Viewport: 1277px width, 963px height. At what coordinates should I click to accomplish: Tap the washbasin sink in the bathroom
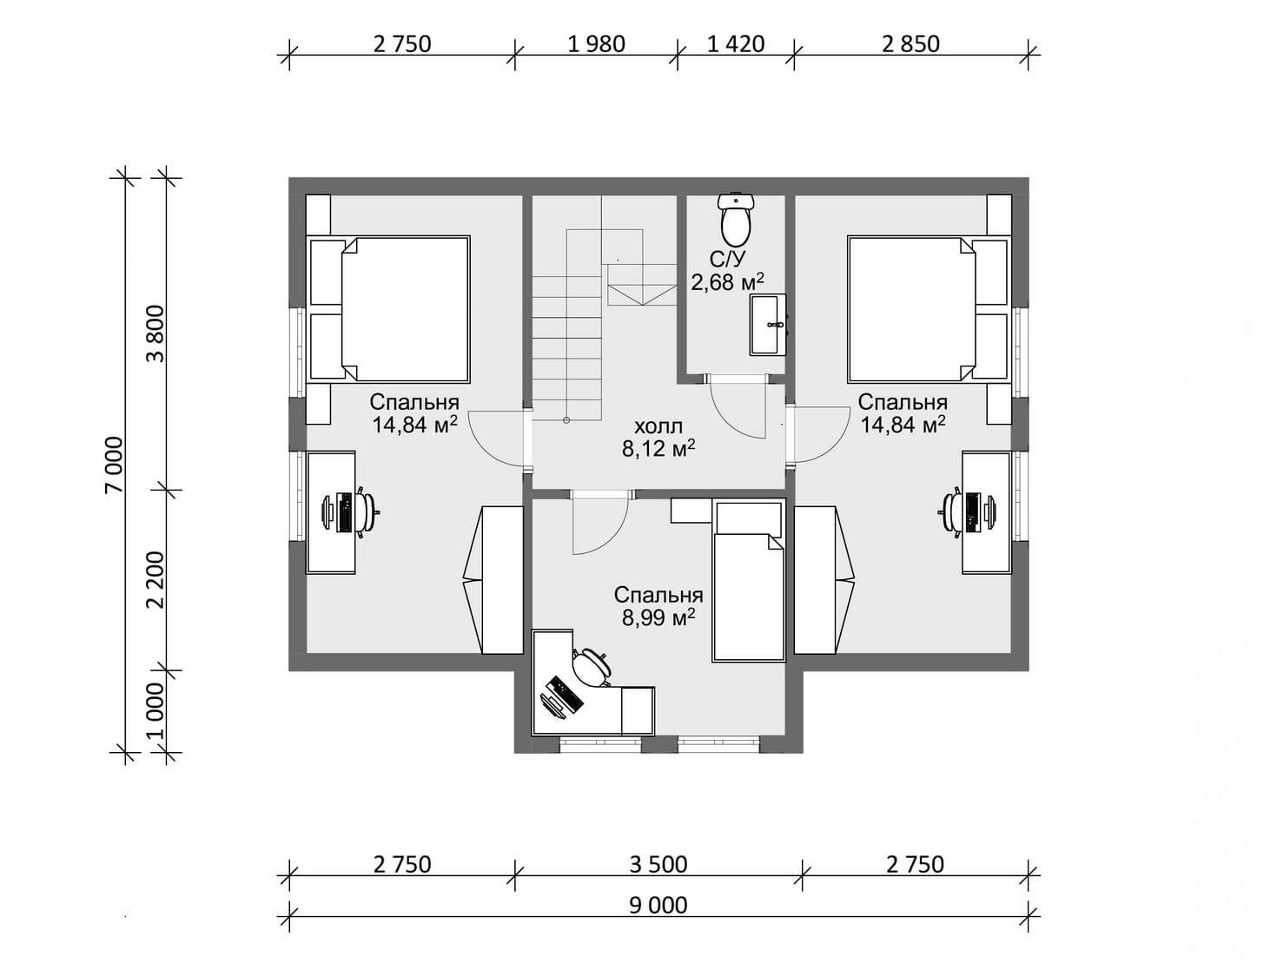[x=768, y=325]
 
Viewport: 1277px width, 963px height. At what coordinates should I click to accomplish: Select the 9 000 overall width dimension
[x=658, y=905]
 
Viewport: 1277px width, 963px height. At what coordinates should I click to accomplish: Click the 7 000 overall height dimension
[x=115, y=465]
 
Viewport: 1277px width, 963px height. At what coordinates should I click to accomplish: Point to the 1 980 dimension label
[x=596, y=44]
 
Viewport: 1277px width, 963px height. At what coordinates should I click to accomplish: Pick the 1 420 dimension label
[x=736, y=44]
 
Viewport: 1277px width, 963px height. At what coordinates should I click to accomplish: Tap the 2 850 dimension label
[x=910, y=44]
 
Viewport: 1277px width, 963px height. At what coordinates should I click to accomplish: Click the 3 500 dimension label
[x=658, y=865]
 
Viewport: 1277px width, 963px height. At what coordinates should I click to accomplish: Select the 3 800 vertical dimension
[x=155, y=333]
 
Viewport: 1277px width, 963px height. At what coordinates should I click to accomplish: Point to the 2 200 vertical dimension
[x=155, y=580]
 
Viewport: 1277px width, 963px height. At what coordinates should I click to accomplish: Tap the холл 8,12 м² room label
[x=658, y=438]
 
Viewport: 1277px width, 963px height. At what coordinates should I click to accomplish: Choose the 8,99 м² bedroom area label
[x=658, y=617]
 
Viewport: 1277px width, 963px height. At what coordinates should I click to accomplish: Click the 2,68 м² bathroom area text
[x=727, y=282]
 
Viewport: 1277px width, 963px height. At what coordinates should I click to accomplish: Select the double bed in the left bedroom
[x=388, y=309]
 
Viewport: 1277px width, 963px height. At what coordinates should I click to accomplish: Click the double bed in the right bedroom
[x=929, y=309]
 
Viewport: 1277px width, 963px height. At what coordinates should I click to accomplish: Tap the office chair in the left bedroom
[x=367, y=511]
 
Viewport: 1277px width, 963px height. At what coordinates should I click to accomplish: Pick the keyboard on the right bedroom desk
[x=971, y=511]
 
